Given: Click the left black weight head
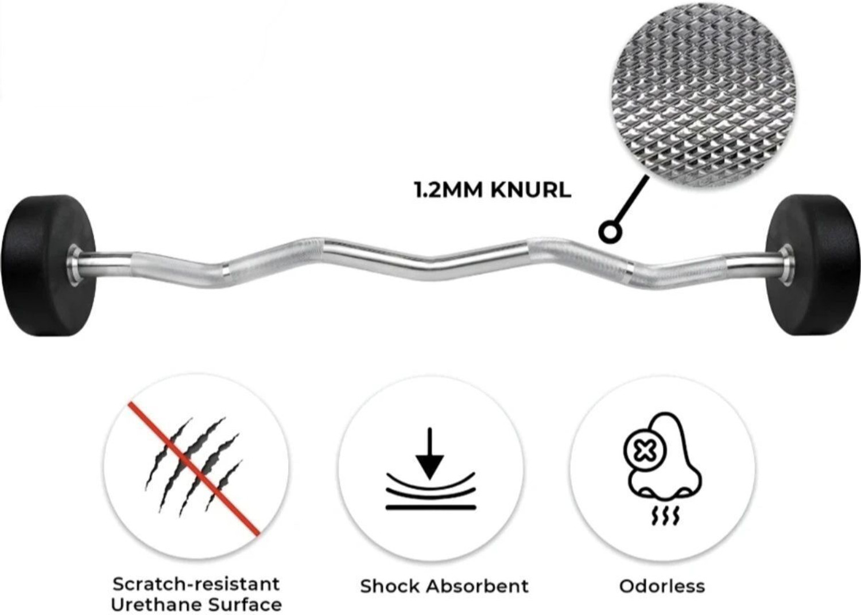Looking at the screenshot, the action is click(x=48, y=266).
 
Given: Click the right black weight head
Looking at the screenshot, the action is click(x=812, y=264).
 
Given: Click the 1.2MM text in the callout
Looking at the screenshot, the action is click(x=448, y=190).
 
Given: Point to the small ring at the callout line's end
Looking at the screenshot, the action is click(x=611, y=232).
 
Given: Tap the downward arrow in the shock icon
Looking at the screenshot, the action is click(x=430, y=453).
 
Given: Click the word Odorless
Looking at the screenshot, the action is click(x=662, y=586).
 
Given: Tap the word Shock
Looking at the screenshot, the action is click(x=390, y=586).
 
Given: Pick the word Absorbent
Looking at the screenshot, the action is click(x=478, y=586).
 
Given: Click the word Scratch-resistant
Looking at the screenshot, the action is click(x=196, y=584).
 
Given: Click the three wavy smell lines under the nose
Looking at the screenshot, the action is click(x=665, y=516).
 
